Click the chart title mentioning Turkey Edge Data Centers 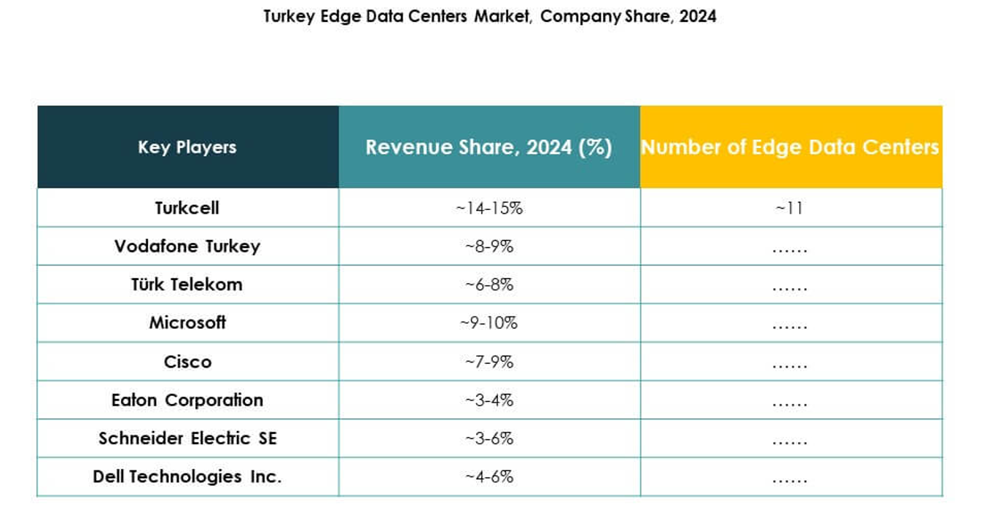(490, 17)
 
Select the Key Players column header (187, 147)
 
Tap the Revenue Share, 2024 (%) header (488, 147)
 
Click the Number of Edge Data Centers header (790, 147)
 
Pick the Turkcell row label (187, 208)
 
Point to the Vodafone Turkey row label (187, 247)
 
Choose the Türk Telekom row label (187, 284)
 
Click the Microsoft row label (187, 322)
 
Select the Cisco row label (187, 362)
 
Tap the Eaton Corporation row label (187, 400)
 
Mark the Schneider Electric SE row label (187, 438)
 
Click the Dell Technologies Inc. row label (187, 477)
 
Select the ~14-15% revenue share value (489, 208)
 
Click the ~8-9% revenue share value (489, 247)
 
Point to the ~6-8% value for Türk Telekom (489, 284)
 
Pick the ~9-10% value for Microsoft (489, 322)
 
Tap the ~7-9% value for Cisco (489, 362)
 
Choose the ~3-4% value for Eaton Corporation (489, 400)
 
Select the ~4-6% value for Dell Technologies (489, 477)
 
